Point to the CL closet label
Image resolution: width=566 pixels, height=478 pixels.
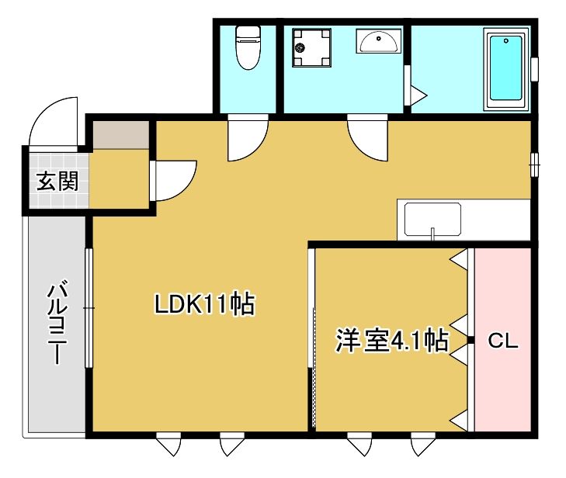pyautogui.click(x=502, y=341)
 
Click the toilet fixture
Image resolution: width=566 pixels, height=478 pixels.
pyautogui.click(x=248, y=47)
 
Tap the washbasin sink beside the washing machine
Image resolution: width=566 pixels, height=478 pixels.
pyautogui.click(x=379, y=40)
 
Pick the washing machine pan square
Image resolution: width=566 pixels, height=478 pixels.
pyautogui.click(x=311, y=48)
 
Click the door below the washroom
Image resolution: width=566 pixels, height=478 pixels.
pyautogui.click(x=366, y=137)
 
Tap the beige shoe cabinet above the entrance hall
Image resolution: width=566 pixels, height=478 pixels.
pyautogui.click(x=120, y=134)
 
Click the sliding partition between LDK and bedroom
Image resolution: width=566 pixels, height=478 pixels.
pyautogui.click(x=313, y=341)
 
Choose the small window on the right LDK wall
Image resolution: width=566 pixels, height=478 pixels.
pyautogui.click(x=534, y=165)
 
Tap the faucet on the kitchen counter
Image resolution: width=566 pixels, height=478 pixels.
pyautogui.click(x=433, y=232)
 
